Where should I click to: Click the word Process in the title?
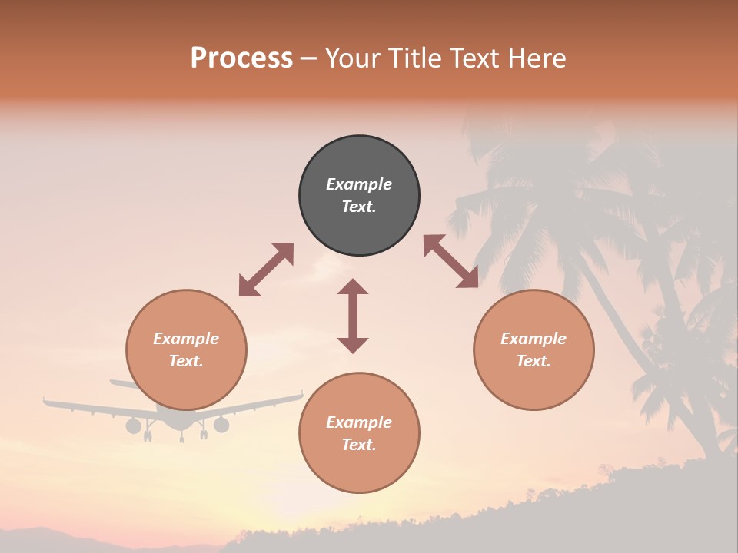tap(241, 58)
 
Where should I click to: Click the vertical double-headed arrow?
tap(353, 316)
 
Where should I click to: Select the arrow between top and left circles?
tap(266, 270)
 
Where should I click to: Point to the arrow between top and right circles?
tap(450, 261)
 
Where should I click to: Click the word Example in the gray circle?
tap(359, 184)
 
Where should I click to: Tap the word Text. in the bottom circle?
tap(359, 445)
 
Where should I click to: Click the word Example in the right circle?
tap(534, 339)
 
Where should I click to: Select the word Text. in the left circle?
tap(186, 361)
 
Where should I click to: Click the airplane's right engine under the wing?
tap(221, 425)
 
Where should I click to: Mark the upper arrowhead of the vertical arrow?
tap(353, 286)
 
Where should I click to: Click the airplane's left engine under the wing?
tap(134, 426)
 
